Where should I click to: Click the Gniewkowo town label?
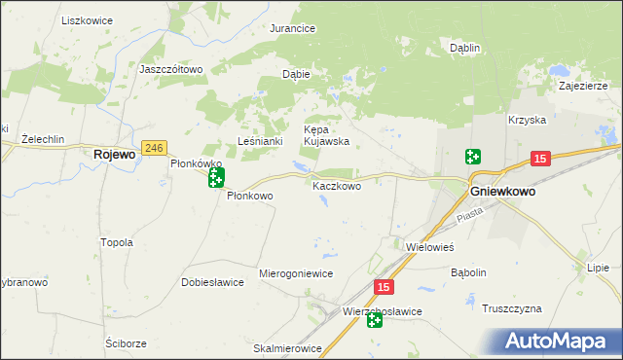click(x=502, y=192)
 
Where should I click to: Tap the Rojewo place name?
click(x=113, y=154)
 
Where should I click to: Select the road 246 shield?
click(x=154, y=148)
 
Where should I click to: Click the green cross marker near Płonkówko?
click(x=216, y=177)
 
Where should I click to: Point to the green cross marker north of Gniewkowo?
click(x=472, y=157)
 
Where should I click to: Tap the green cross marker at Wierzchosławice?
click(x=375, y=320)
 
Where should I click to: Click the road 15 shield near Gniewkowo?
click(x=541, y=159)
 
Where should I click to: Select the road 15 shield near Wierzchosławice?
click(x=385, y=287)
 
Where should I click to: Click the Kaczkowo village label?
click(x=337, y=185)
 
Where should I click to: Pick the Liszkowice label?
click(x=87, y=20)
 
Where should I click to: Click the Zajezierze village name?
click(x=584, y=85)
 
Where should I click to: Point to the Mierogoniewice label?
click(x=296, y=273)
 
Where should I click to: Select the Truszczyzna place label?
click(x=511, y=308)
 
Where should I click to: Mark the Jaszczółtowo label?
click(x=170, y=70)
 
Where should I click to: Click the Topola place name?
click(x=117, y=242)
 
